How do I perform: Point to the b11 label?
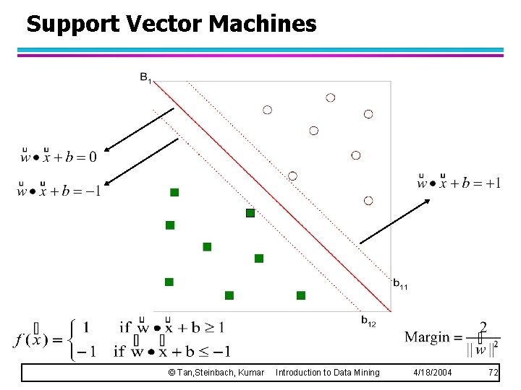coord(400,285)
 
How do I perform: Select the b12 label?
coord(368,320)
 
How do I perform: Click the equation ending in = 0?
coord(58,156)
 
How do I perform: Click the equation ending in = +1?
coord(459,183)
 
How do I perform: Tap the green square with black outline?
coord(250,213)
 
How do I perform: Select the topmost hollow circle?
coord(331,97)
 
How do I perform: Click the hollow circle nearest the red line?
coord(292,176)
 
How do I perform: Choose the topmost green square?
coord(174,192)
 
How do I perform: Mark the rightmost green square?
coord(301,295)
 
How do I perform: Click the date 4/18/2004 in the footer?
coord(433,373)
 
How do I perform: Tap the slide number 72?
coord(494,373)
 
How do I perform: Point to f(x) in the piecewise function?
coord(30,339)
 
